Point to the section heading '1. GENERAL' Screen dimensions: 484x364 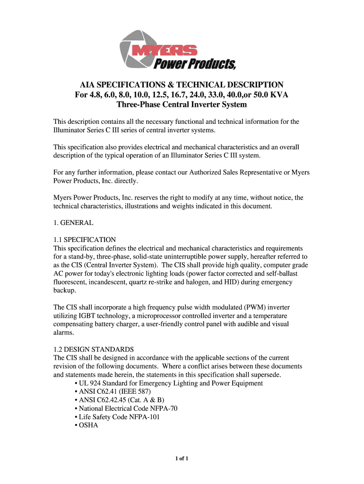[73, 222]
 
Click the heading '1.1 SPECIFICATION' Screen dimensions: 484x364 [85, 240]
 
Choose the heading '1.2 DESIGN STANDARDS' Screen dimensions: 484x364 [94, 349]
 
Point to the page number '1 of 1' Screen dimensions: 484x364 [182, 458]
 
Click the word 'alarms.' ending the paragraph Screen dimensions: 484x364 [64, 332]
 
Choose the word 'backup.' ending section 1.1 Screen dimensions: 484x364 [65, 291]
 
